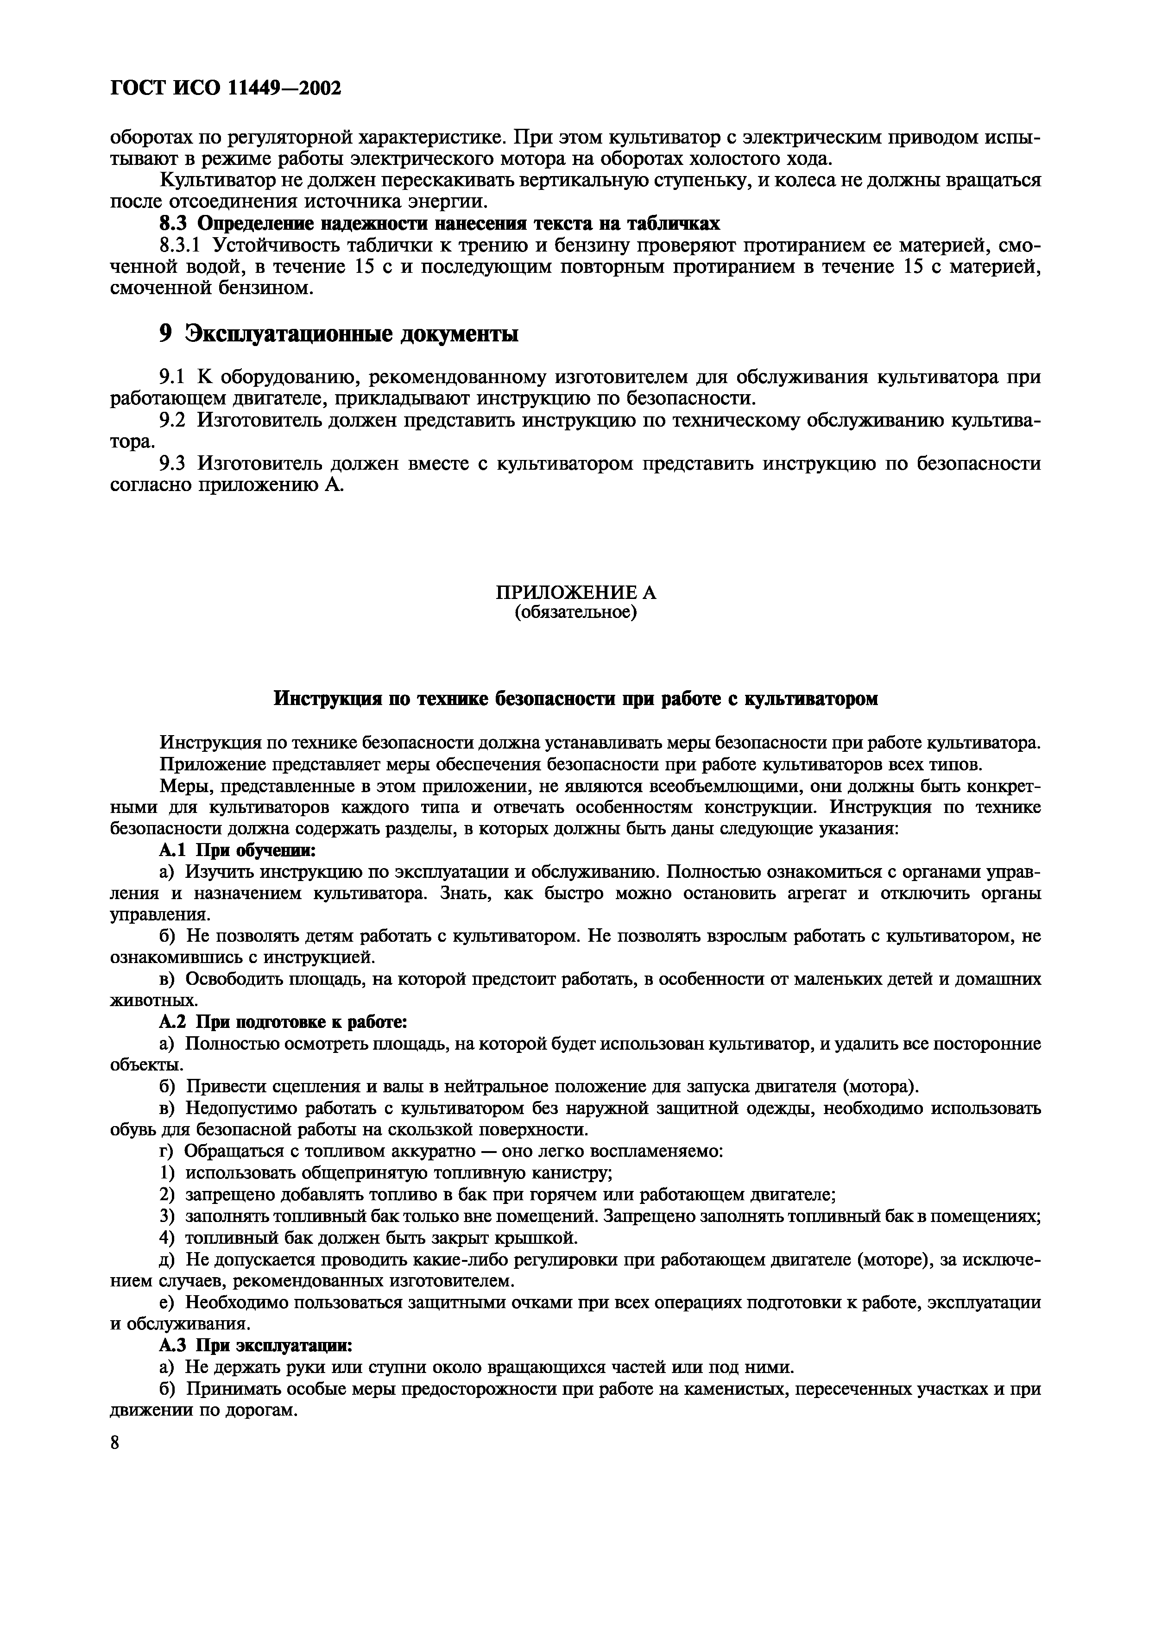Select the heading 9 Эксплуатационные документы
point(338,334)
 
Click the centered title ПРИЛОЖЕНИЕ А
point(575,592)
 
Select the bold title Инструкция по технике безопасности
point(575,699)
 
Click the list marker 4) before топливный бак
point(166,1237)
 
